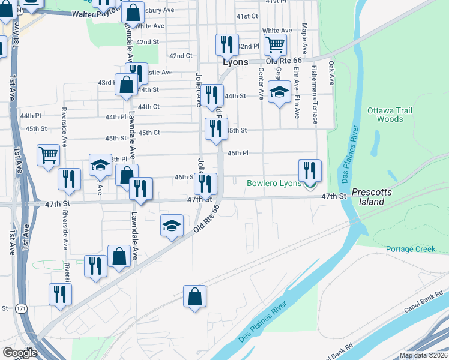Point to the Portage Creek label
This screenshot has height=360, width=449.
(409, 249)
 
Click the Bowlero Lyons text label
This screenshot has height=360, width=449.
(274, 182)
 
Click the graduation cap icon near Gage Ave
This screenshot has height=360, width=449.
(279, 92)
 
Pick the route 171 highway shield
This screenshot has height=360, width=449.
(21, 308)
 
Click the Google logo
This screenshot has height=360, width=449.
(20, 353)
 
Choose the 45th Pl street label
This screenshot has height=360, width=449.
(237, 153)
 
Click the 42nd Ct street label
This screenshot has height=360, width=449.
(181, 56)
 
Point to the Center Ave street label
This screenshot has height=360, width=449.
(261, 83)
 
